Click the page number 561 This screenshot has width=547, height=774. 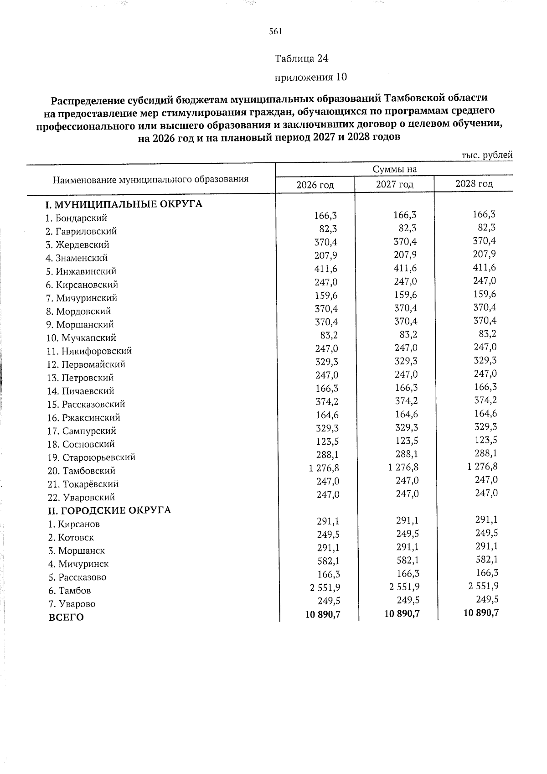(276, 31)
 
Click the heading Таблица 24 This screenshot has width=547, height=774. (301, 58)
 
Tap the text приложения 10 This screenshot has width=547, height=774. (310, 77)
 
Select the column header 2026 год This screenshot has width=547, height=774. (315, 185)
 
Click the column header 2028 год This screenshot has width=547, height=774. (474, 183)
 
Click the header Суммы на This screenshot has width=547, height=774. (395, 169)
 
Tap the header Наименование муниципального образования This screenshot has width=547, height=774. (151, 179)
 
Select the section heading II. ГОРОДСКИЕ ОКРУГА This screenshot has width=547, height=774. (110, 510)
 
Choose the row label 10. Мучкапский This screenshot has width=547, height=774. (82, 338)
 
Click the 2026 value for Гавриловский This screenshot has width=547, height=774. (329, 229)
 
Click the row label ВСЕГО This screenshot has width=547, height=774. (66, 618)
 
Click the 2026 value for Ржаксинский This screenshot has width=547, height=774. (326, 415)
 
